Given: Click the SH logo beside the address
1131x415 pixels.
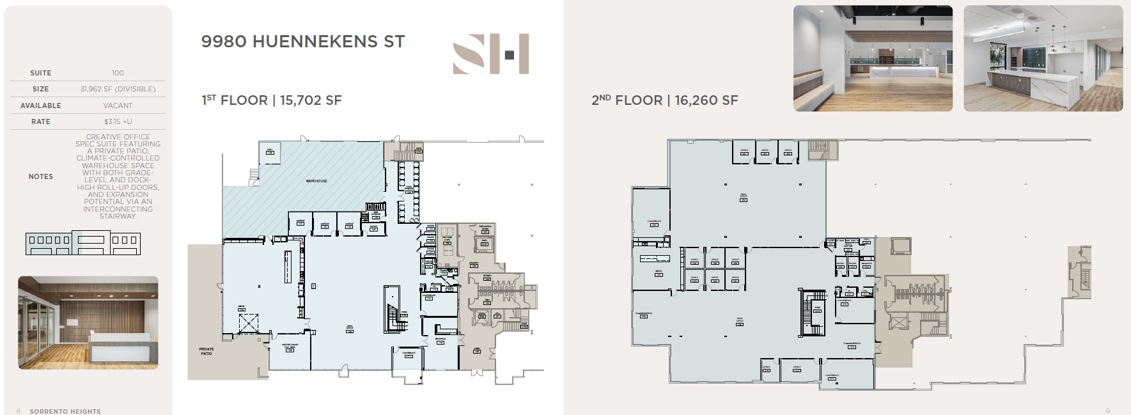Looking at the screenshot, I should pos(490,54).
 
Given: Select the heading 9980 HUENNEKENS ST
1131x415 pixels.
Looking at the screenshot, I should pos(303,42).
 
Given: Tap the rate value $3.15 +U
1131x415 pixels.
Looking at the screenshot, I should pos(118,121).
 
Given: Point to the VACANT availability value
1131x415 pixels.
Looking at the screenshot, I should pos(118,106).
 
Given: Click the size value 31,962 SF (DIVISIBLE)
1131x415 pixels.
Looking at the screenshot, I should pos(118,89).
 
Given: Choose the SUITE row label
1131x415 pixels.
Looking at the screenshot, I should pos(40,73).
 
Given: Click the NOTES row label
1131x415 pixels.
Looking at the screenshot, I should pos(40,176).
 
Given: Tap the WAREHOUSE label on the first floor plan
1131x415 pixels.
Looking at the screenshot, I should pos(316,181).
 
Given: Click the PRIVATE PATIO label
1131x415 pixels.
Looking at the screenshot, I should pos(206,351).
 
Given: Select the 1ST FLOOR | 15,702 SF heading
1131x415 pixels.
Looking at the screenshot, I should pos(271,100).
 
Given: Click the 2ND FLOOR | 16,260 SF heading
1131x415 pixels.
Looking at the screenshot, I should pos(664,100).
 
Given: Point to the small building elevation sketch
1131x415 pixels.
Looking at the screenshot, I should pos(82,242).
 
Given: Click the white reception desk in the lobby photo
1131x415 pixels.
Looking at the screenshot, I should pos(119,348).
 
